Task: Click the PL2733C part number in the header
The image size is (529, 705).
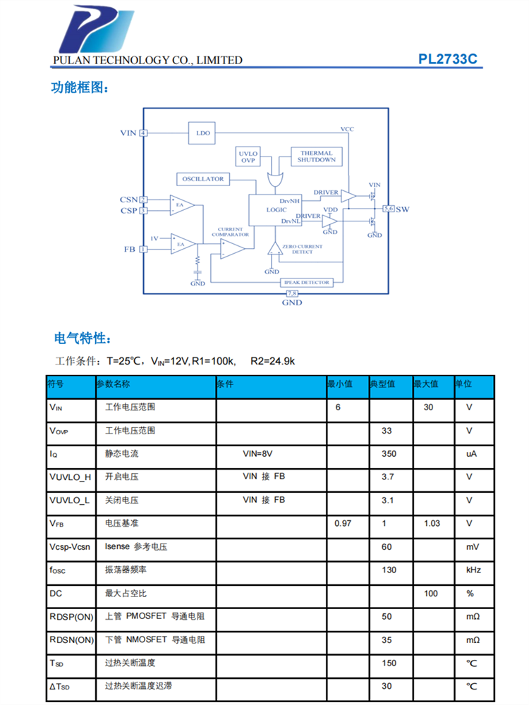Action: (447, 59)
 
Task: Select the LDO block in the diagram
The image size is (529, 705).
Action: (203, 133)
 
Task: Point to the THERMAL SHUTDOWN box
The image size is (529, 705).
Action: (316, 157)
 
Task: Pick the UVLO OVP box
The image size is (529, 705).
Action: (248, 157)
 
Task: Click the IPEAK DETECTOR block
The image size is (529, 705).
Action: (306, 282)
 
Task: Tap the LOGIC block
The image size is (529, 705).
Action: (276, 210)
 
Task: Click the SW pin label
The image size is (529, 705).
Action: (402, 209)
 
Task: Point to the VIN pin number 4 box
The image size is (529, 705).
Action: (143, 133)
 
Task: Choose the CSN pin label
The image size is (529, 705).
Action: (128, 200)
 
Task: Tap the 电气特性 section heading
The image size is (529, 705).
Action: (82, 338)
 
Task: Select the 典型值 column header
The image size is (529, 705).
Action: (382, 385)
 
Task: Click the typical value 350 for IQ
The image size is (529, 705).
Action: (388, 454)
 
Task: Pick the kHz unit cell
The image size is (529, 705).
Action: (470, 570)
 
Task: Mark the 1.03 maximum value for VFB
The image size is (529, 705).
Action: (432, 523)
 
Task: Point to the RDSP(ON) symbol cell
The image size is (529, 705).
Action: (71, 616)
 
